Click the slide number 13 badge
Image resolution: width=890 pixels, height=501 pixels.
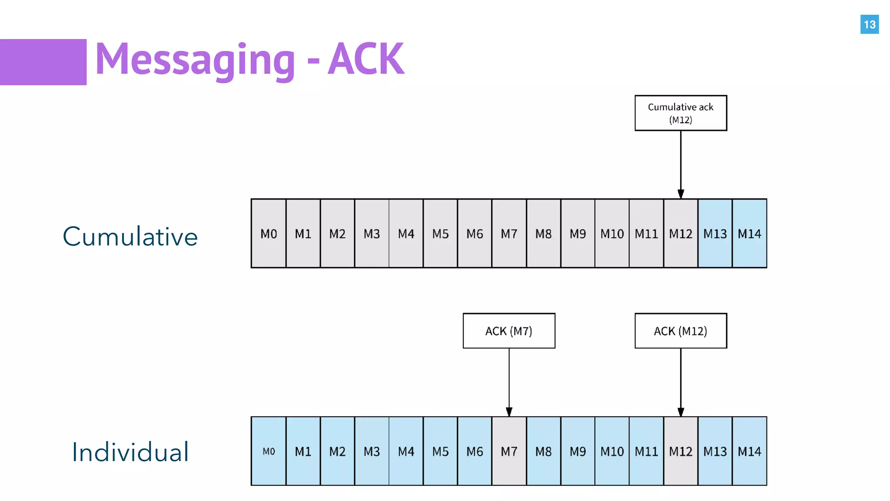[869, 24]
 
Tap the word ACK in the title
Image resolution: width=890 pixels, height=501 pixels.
[366, 59]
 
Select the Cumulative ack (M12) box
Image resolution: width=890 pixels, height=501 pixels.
[681, 113]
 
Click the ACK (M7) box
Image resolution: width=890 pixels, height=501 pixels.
[509, 331]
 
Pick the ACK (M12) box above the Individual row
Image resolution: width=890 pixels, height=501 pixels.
[681, 331]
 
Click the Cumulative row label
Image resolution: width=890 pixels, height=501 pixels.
[130, 237]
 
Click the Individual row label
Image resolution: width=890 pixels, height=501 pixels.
[130, 452]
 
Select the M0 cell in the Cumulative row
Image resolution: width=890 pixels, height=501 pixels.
[269, 234]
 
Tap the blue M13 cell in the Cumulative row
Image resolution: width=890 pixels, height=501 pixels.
[715, 234]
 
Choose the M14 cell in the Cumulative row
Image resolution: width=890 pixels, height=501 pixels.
[749, 234]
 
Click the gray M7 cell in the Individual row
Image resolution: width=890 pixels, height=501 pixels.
[509, 451]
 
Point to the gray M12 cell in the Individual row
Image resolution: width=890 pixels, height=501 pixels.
[681, 451]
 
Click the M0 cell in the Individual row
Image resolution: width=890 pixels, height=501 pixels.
[269, 451]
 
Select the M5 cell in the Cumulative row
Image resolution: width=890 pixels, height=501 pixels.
[440, 234]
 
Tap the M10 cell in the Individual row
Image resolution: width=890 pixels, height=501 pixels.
[612, 451]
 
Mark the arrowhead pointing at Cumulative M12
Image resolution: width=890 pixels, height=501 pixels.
[681, 194]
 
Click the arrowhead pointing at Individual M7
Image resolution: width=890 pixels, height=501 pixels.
[509, 411]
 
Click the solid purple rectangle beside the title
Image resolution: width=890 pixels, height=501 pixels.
[43, 62]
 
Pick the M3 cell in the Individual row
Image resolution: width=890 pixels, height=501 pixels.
[372, 451]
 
